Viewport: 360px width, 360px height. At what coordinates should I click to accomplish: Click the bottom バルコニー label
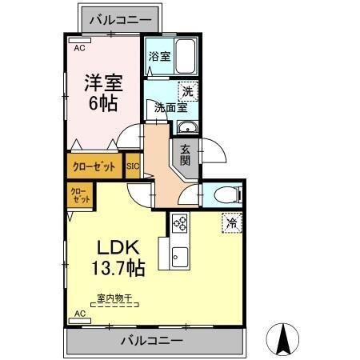point(151,341)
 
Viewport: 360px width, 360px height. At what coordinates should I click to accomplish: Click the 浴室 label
point(159,56)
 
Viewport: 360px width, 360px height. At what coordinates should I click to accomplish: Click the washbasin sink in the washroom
point(188,128)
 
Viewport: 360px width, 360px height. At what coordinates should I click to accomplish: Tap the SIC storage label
point(133,167)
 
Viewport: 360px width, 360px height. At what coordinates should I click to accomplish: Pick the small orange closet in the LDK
point(79,194)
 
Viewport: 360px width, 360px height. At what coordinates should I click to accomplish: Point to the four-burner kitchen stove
point(179,223)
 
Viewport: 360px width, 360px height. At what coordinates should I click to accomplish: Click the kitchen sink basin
point(179,258)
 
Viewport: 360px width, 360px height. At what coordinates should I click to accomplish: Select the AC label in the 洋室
point(79,48)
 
